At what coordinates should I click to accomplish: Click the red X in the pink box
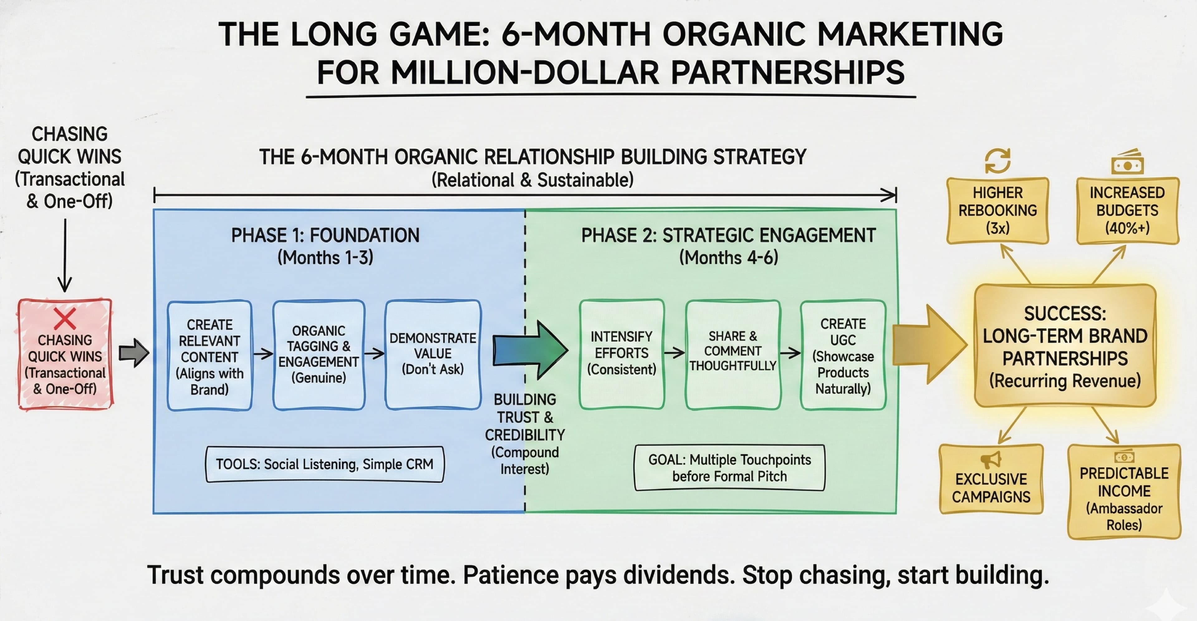(x=65, y=319)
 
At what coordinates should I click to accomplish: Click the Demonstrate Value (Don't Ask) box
(x=433, y=354)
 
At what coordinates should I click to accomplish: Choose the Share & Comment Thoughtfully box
(x=733, y=354)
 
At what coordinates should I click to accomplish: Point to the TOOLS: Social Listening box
(x=324, y=464)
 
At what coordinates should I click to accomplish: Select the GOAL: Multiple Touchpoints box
(x=729, y=468)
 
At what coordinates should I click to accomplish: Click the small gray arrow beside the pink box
(x=134, y=353)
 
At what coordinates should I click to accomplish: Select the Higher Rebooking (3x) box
(x=997, y=210)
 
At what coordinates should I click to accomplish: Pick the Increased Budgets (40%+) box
(x=1127, y=210)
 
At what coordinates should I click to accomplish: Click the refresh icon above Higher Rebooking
(x=997, y=161)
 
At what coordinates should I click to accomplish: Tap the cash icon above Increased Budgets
(x=1127, y=163)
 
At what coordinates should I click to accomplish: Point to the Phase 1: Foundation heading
(x=325, y=236)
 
